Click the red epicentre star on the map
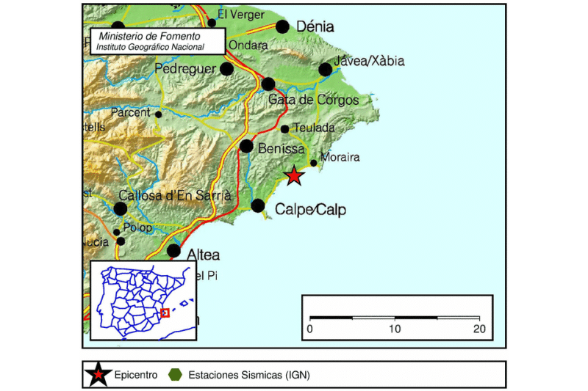(294, 176)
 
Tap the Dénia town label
(315, 27)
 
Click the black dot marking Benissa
(247, 146)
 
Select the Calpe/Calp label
(310, 210)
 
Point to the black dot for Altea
(173, 251)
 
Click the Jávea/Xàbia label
(369, 61)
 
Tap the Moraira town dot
(314, 163)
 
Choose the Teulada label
(314, 128)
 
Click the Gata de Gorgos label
(314, 100)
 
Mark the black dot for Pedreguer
(227, 69)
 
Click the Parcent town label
(130, 113)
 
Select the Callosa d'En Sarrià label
(175, 195)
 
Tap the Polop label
(139, 227)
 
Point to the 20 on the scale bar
(479, 328)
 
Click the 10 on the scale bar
(395, 328)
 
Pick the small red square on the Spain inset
(165, 313)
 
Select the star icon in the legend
(98, 375)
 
